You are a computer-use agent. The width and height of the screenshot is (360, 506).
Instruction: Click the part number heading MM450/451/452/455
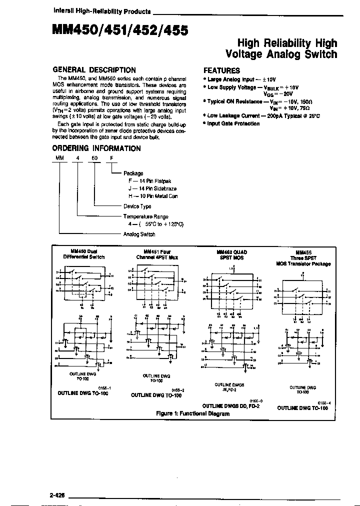click(x=120, y=31)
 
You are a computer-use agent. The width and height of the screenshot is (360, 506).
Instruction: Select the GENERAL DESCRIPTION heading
click(x=94, y=70)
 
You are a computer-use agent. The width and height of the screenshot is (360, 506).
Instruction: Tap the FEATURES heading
click(x=221, y=70)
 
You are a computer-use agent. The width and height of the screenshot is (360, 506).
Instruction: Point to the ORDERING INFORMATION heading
click(x=96, y=148)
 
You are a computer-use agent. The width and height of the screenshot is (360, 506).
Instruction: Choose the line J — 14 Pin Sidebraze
click(x=149, y=188)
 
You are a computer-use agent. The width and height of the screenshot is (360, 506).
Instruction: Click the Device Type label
click(x=137, y=206)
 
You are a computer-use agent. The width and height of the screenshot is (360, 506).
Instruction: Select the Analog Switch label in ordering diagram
click(x=139, y=233)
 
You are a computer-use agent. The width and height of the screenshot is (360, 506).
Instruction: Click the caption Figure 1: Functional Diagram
click(x=192, y=413)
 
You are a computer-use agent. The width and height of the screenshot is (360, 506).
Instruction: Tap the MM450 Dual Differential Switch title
click(x=83, y=254)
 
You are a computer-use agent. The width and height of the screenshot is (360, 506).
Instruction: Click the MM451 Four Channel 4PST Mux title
click(x=156, y=254)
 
